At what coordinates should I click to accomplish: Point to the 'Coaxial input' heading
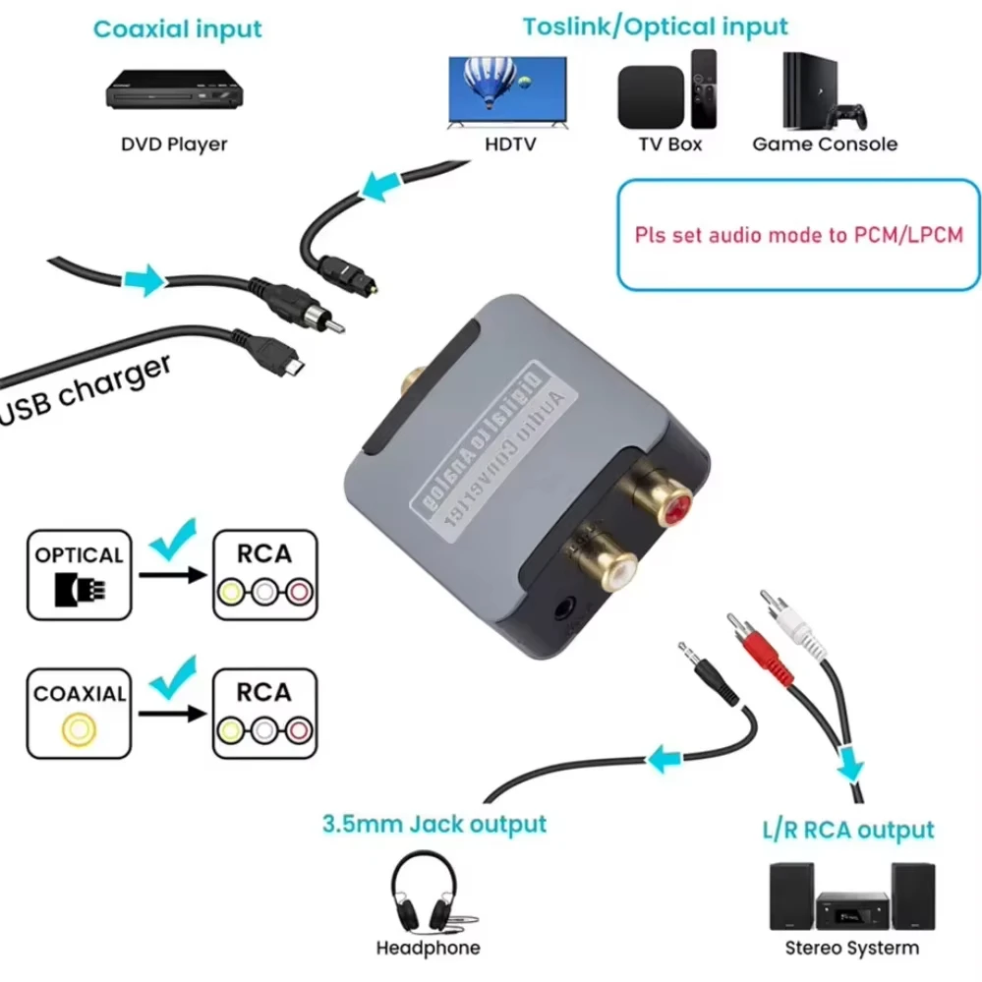178,29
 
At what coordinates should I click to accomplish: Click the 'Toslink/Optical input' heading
655,26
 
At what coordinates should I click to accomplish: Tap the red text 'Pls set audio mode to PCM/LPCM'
798,235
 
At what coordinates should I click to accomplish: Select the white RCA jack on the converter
600,564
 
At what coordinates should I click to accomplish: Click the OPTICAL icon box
80,575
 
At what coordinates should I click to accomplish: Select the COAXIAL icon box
80,715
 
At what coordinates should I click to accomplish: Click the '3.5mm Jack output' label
433,823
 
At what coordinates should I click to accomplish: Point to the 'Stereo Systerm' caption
851,949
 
